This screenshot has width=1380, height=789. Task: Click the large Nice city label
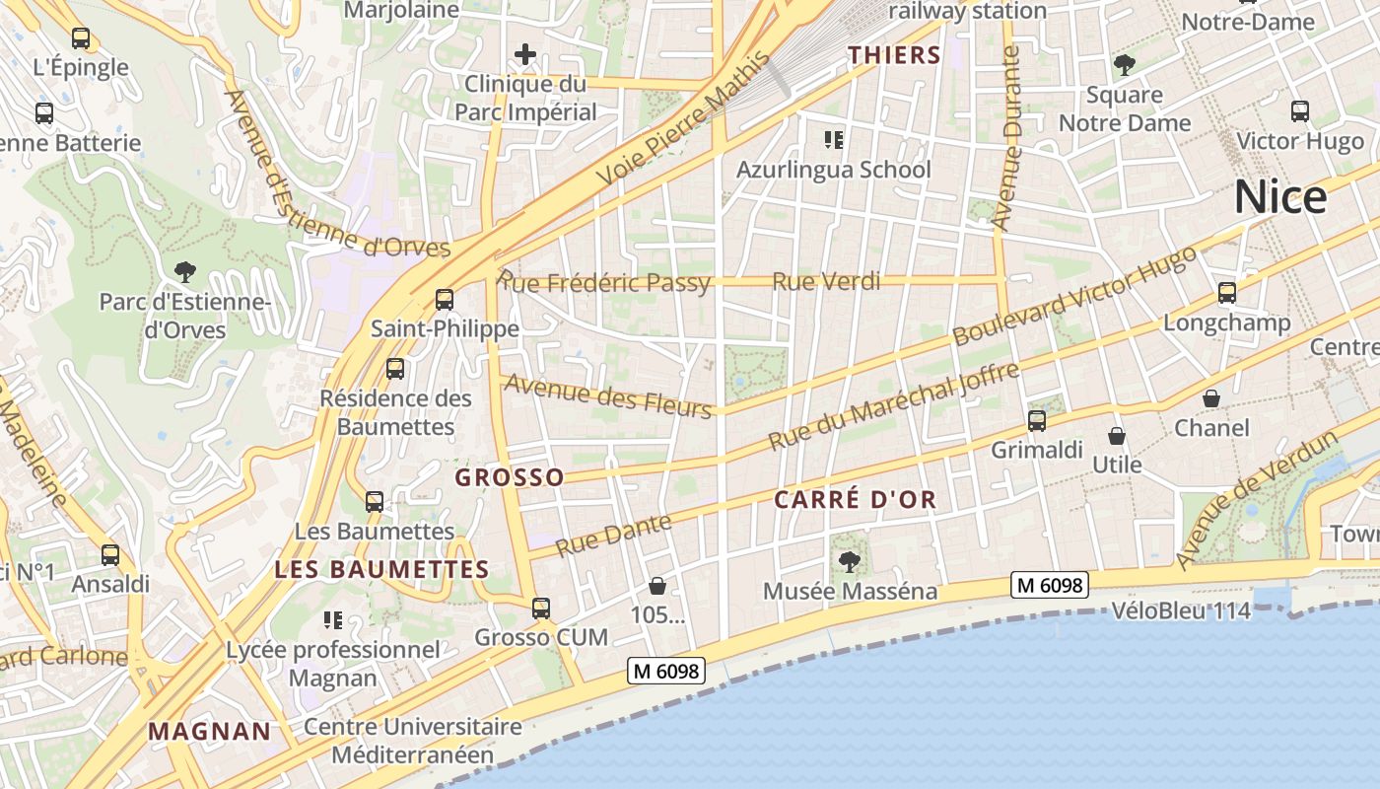1280,198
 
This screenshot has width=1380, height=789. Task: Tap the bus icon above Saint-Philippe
445,299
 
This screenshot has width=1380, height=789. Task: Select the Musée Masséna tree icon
849,562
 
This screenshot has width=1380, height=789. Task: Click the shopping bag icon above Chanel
1211,398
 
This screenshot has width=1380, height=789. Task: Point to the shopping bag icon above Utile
1117,436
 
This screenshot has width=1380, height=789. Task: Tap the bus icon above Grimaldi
1037,421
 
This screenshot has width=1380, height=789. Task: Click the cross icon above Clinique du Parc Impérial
525,54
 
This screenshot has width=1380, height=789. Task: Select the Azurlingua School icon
834,140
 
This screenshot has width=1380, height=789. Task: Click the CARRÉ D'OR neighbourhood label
855,500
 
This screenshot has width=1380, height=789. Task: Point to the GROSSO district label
509,478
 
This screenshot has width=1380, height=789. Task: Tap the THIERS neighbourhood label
895,55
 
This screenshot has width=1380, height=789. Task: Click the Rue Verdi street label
826,282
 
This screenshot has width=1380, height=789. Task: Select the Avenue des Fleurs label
607,394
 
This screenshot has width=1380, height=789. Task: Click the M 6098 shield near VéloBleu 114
1050,585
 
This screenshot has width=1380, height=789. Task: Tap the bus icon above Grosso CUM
541,608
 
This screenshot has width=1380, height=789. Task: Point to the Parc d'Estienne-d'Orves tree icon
184,271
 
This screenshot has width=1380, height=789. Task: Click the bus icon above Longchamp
1227,293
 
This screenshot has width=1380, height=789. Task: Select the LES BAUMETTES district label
381,570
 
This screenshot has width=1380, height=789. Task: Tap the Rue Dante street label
613,535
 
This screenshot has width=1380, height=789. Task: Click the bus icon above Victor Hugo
1300,111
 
